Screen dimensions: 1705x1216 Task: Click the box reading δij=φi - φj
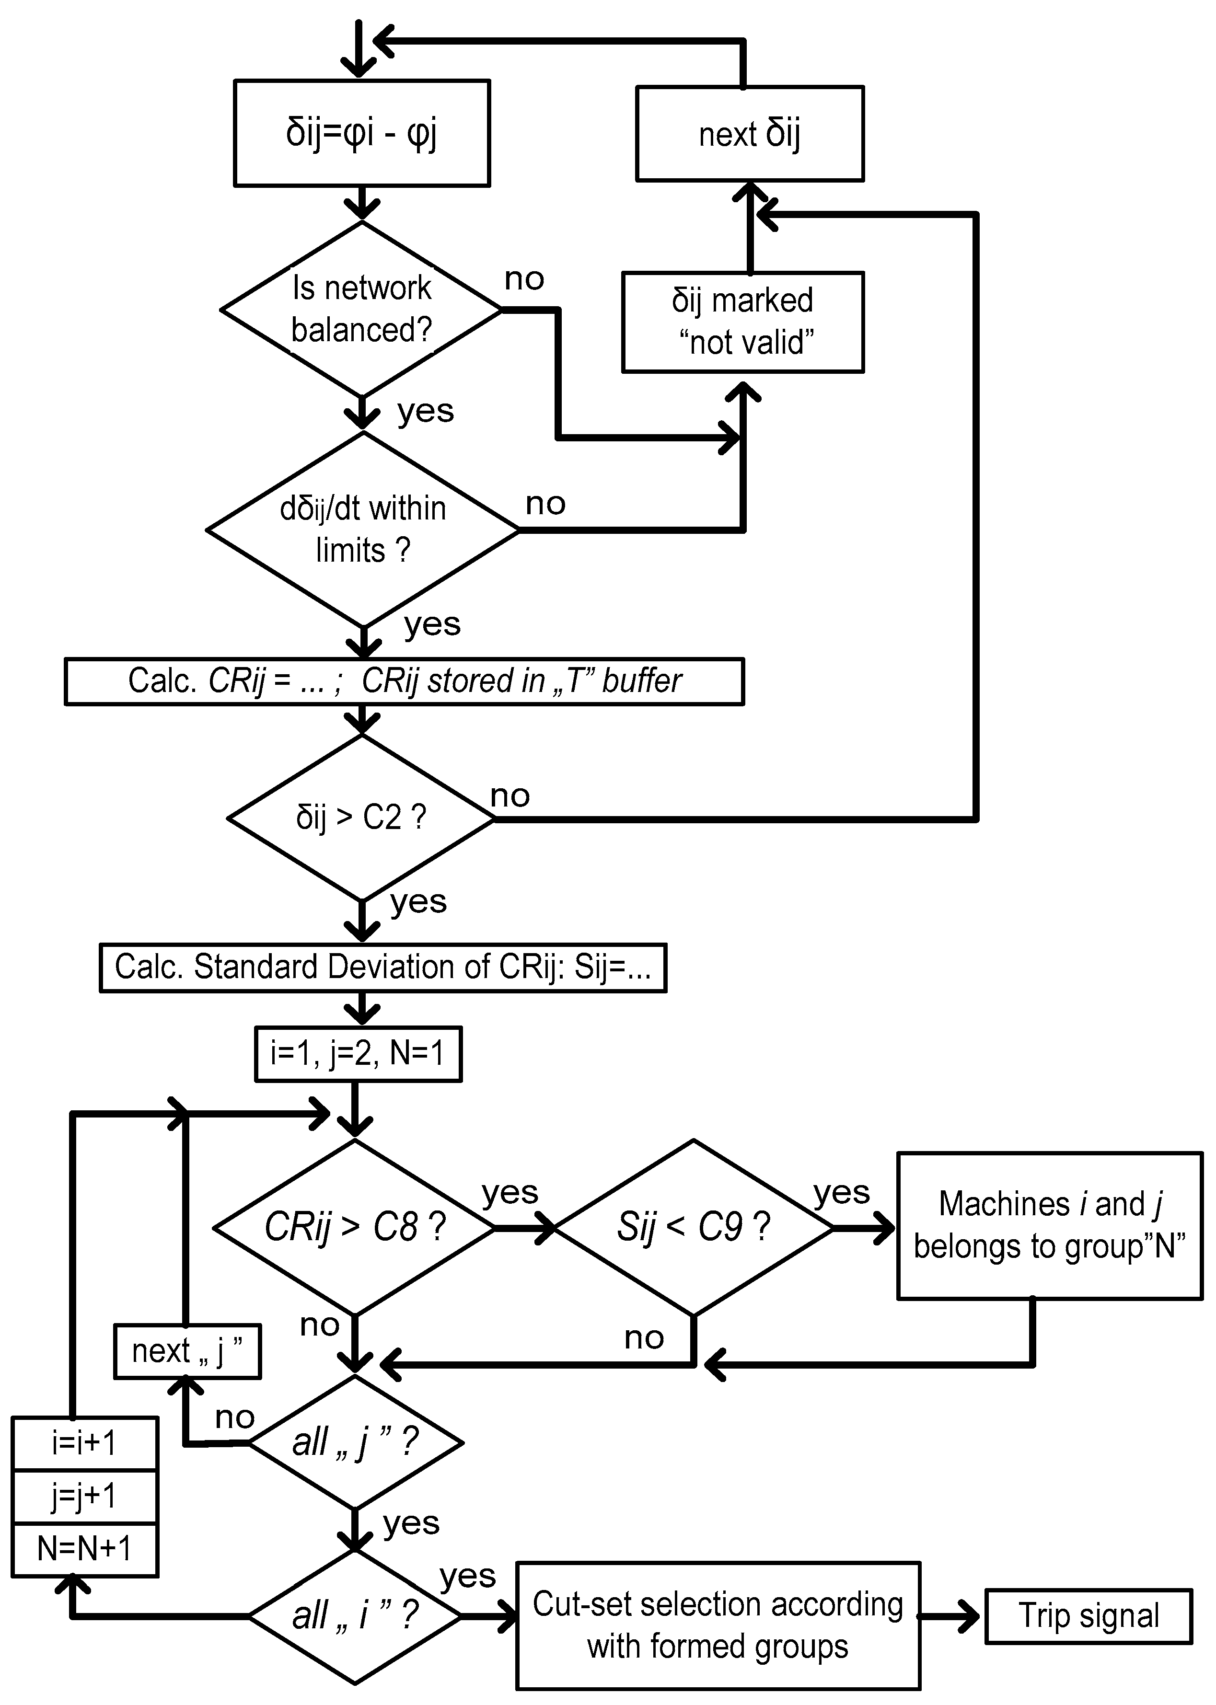[x=362, y=133]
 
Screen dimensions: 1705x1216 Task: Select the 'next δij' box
[x=750, y=134]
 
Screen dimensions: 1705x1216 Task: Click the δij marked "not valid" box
[x=743, y=322]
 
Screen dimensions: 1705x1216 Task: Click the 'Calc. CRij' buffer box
[x=405, y=681]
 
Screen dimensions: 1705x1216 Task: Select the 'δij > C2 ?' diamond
[x=361, y=818]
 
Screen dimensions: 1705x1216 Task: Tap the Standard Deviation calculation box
[x=382, y=968]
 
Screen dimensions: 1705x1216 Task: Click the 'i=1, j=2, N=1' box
[x=358, y=1054]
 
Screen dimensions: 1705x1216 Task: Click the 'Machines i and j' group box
[x=1049, y=1226]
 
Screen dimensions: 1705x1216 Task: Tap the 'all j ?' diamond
[x=355, y=1442]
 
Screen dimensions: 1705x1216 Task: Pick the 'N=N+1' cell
[x=85, y=1549]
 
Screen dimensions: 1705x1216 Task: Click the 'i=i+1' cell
[x=85, y=1443]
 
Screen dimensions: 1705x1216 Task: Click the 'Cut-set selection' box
[x=718, y=1625]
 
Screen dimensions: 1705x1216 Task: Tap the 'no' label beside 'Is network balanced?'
[x=524, y=279]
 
